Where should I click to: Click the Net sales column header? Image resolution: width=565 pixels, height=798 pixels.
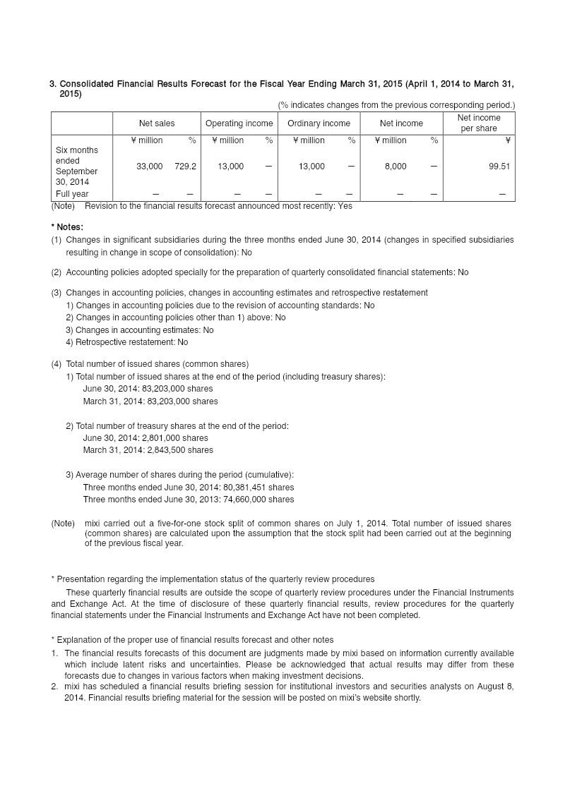tap(157, 123)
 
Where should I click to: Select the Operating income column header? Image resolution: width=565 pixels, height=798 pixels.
tap(239, 123)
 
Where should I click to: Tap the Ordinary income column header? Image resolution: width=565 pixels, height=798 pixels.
tap(319, 123)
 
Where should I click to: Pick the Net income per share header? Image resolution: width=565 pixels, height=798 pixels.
tap(478, 123)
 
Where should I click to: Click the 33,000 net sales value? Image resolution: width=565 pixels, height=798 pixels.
tap(150, 167)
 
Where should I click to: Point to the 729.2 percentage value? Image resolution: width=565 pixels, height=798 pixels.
tap(185, 167)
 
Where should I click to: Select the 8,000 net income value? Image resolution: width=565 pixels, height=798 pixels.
tap(395, 167)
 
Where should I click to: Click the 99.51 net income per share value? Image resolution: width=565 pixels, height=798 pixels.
tap(499, 167)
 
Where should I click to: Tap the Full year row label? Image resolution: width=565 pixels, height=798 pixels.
tap(72, 194)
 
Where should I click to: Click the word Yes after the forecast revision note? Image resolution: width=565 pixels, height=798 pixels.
tap(345, 206)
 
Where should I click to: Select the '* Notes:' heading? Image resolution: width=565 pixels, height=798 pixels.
tap(67, 227)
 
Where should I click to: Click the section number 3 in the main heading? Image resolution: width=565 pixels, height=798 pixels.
tap(52, 85)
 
